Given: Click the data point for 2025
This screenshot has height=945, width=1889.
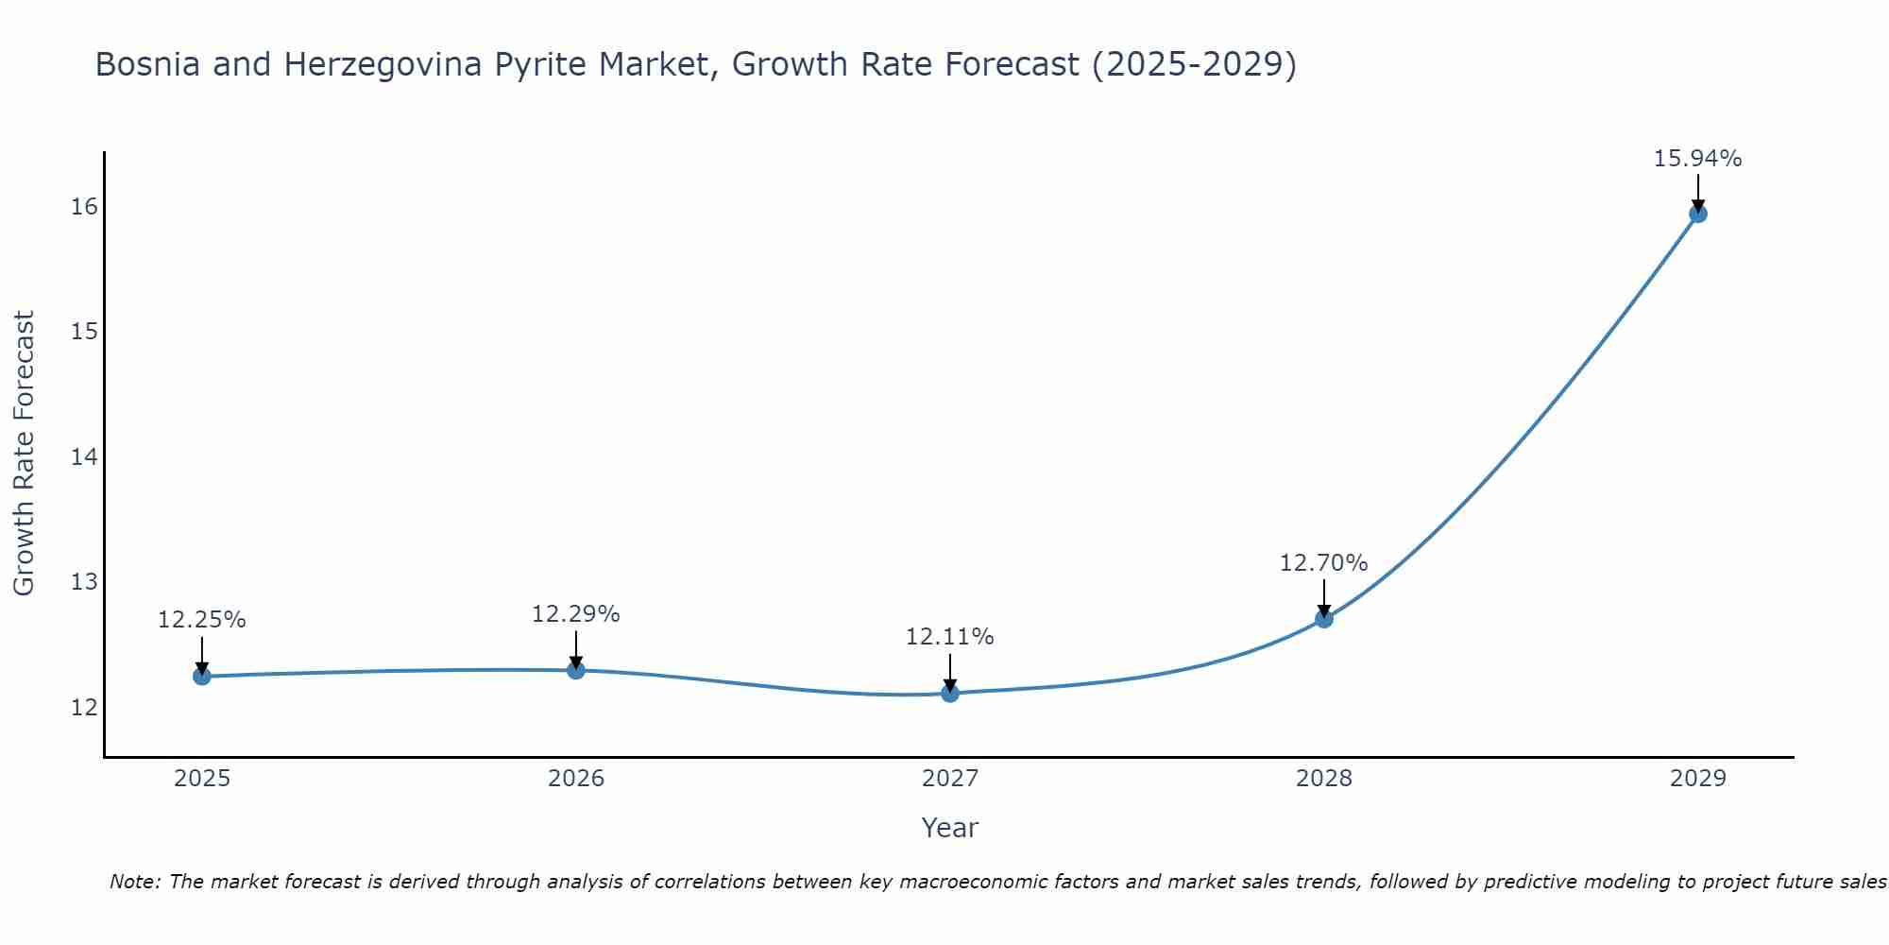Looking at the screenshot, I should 201,676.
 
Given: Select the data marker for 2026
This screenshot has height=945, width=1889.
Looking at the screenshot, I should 575,670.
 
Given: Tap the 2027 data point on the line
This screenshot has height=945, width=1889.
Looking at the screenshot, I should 949,693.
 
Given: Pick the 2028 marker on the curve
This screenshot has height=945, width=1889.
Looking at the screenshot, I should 1323,619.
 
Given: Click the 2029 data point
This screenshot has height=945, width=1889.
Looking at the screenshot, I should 1697,214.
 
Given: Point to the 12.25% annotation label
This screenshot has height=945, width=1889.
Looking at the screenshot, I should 201,620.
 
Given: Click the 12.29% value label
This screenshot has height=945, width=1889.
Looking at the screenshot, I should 575,614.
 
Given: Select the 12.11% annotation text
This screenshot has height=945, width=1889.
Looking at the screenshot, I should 949,637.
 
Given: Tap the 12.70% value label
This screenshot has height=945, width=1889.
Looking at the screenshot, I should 1323,563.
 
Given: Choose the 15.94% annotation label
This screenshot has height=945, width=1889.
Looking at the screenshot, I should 1697,159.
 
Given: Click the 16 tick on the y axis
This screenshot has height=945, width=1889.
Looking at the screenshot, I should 84,206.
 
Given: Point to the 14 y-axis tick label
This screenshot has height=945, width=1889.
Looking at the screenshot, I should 84,456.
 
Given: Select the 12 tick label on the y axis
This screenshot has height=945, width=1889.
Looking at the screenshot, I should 84,707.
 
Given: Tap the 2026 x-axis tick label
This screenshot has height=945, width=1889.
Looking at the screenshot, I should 575,779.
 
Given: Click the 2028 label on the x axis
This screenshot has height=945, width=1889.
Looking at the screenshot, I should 1323,779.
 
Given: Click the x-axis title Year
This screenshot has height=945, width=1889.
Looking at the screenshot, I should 949,828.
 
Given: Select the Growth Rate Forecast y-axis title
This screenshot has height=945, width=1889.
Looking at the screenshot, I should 25,454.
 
